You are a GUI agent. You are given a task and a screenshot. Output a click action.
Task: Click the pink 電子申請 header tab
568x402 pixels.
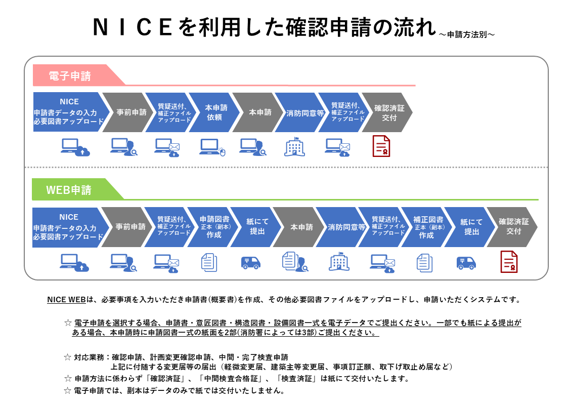coord(70,76)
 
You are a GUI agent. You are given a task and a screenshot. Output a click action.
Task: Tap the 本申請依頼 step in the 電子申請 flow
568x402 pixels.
coord(214,112)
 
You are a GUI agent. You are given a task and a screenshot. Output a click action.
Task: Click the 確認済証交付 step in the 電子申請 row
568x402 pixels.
coord(388,112)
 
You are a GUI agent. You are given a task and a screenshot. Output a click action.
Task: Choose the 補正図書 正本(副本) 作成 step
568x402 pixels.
coord(426,227)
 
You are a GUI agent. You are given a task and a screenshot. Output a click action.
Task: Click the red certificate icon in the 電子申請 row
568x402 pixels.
coord(381,146)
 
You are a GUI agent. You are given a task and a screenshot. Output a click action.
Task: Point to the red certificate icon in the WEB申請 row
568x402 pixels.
coord(509,261)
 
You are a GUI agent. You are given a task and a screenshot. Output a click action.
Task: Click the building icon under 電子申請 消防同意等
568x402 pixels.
coord(294,147)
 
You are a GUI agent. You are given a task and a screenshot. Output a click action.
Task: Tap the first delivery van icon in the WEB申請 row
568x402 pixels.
coord(251,262)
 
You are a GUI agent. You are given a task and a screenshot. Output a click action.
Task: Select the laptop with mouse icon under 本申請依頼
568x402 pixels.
coord(212,147)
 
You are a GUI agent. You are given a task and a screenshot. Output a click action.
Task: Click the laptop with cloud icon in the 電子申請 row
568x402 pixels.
coord(74,147)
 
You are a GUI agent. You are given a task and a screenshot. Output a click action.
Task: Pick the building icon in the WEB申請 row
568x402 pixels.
coord(339,262)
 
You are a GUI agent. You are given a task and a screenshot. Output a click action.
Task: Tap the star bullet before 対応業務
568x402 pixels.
coord(68,357)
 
